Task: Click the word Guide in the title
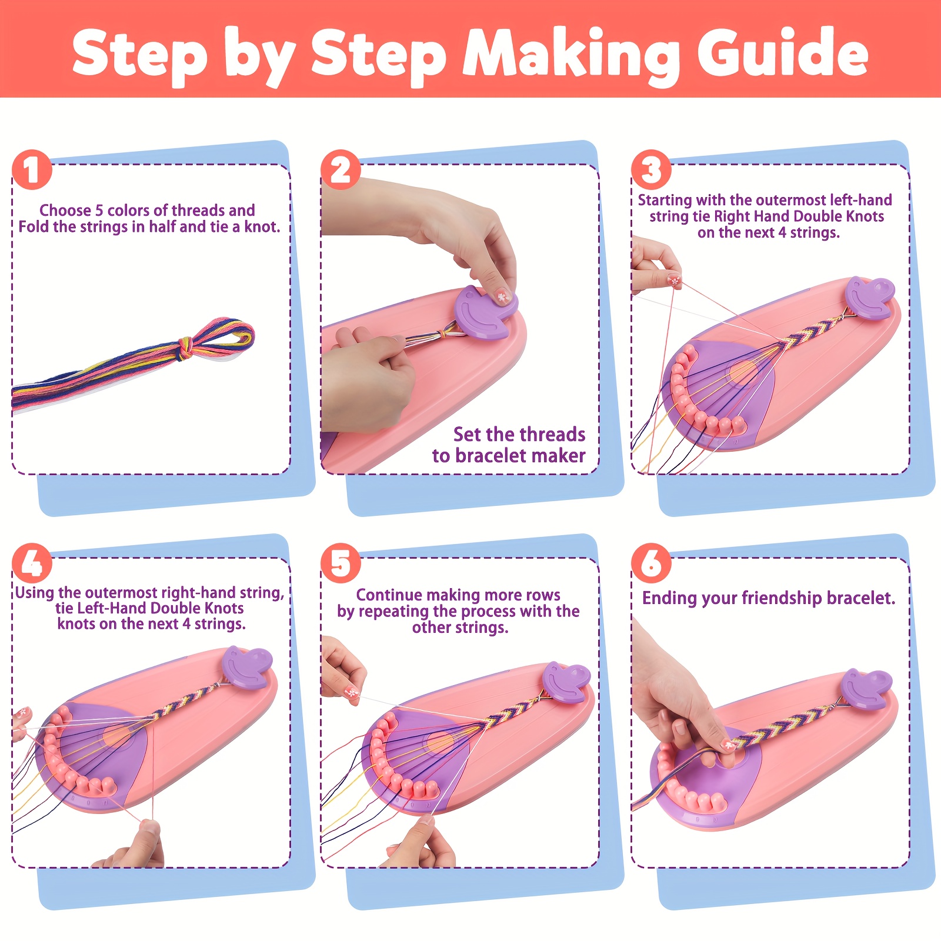coord(783,54)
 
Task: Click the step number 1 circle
coord(32,169)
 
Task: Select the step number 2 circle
coord(341,169)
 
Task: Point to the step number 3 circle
coord(651,169)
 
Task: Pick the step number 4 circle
coord(32,563)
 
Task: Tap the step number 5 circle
coord(341,563)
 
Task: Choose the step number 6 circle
coord(651,563)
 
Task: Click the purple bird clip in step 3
coord(869,299)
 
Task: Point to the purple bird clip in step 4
coord(247,667)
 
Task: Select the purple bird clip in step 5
coord(566,682)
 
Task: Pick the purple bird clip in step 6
coord(866,689)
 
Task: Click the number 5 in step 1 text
coord(99,211)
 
